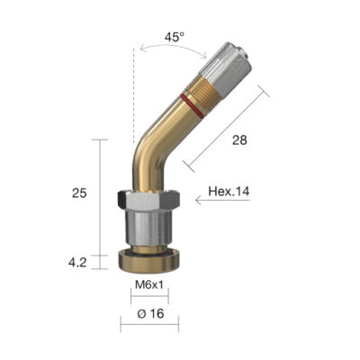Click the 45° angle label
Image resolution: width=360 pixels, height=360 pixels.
(174, 38)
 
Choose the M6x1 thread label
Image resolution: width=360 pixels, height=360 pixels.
(148, 287)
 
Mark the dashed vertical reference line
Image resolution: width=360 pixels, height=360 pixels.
(134, 99)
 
